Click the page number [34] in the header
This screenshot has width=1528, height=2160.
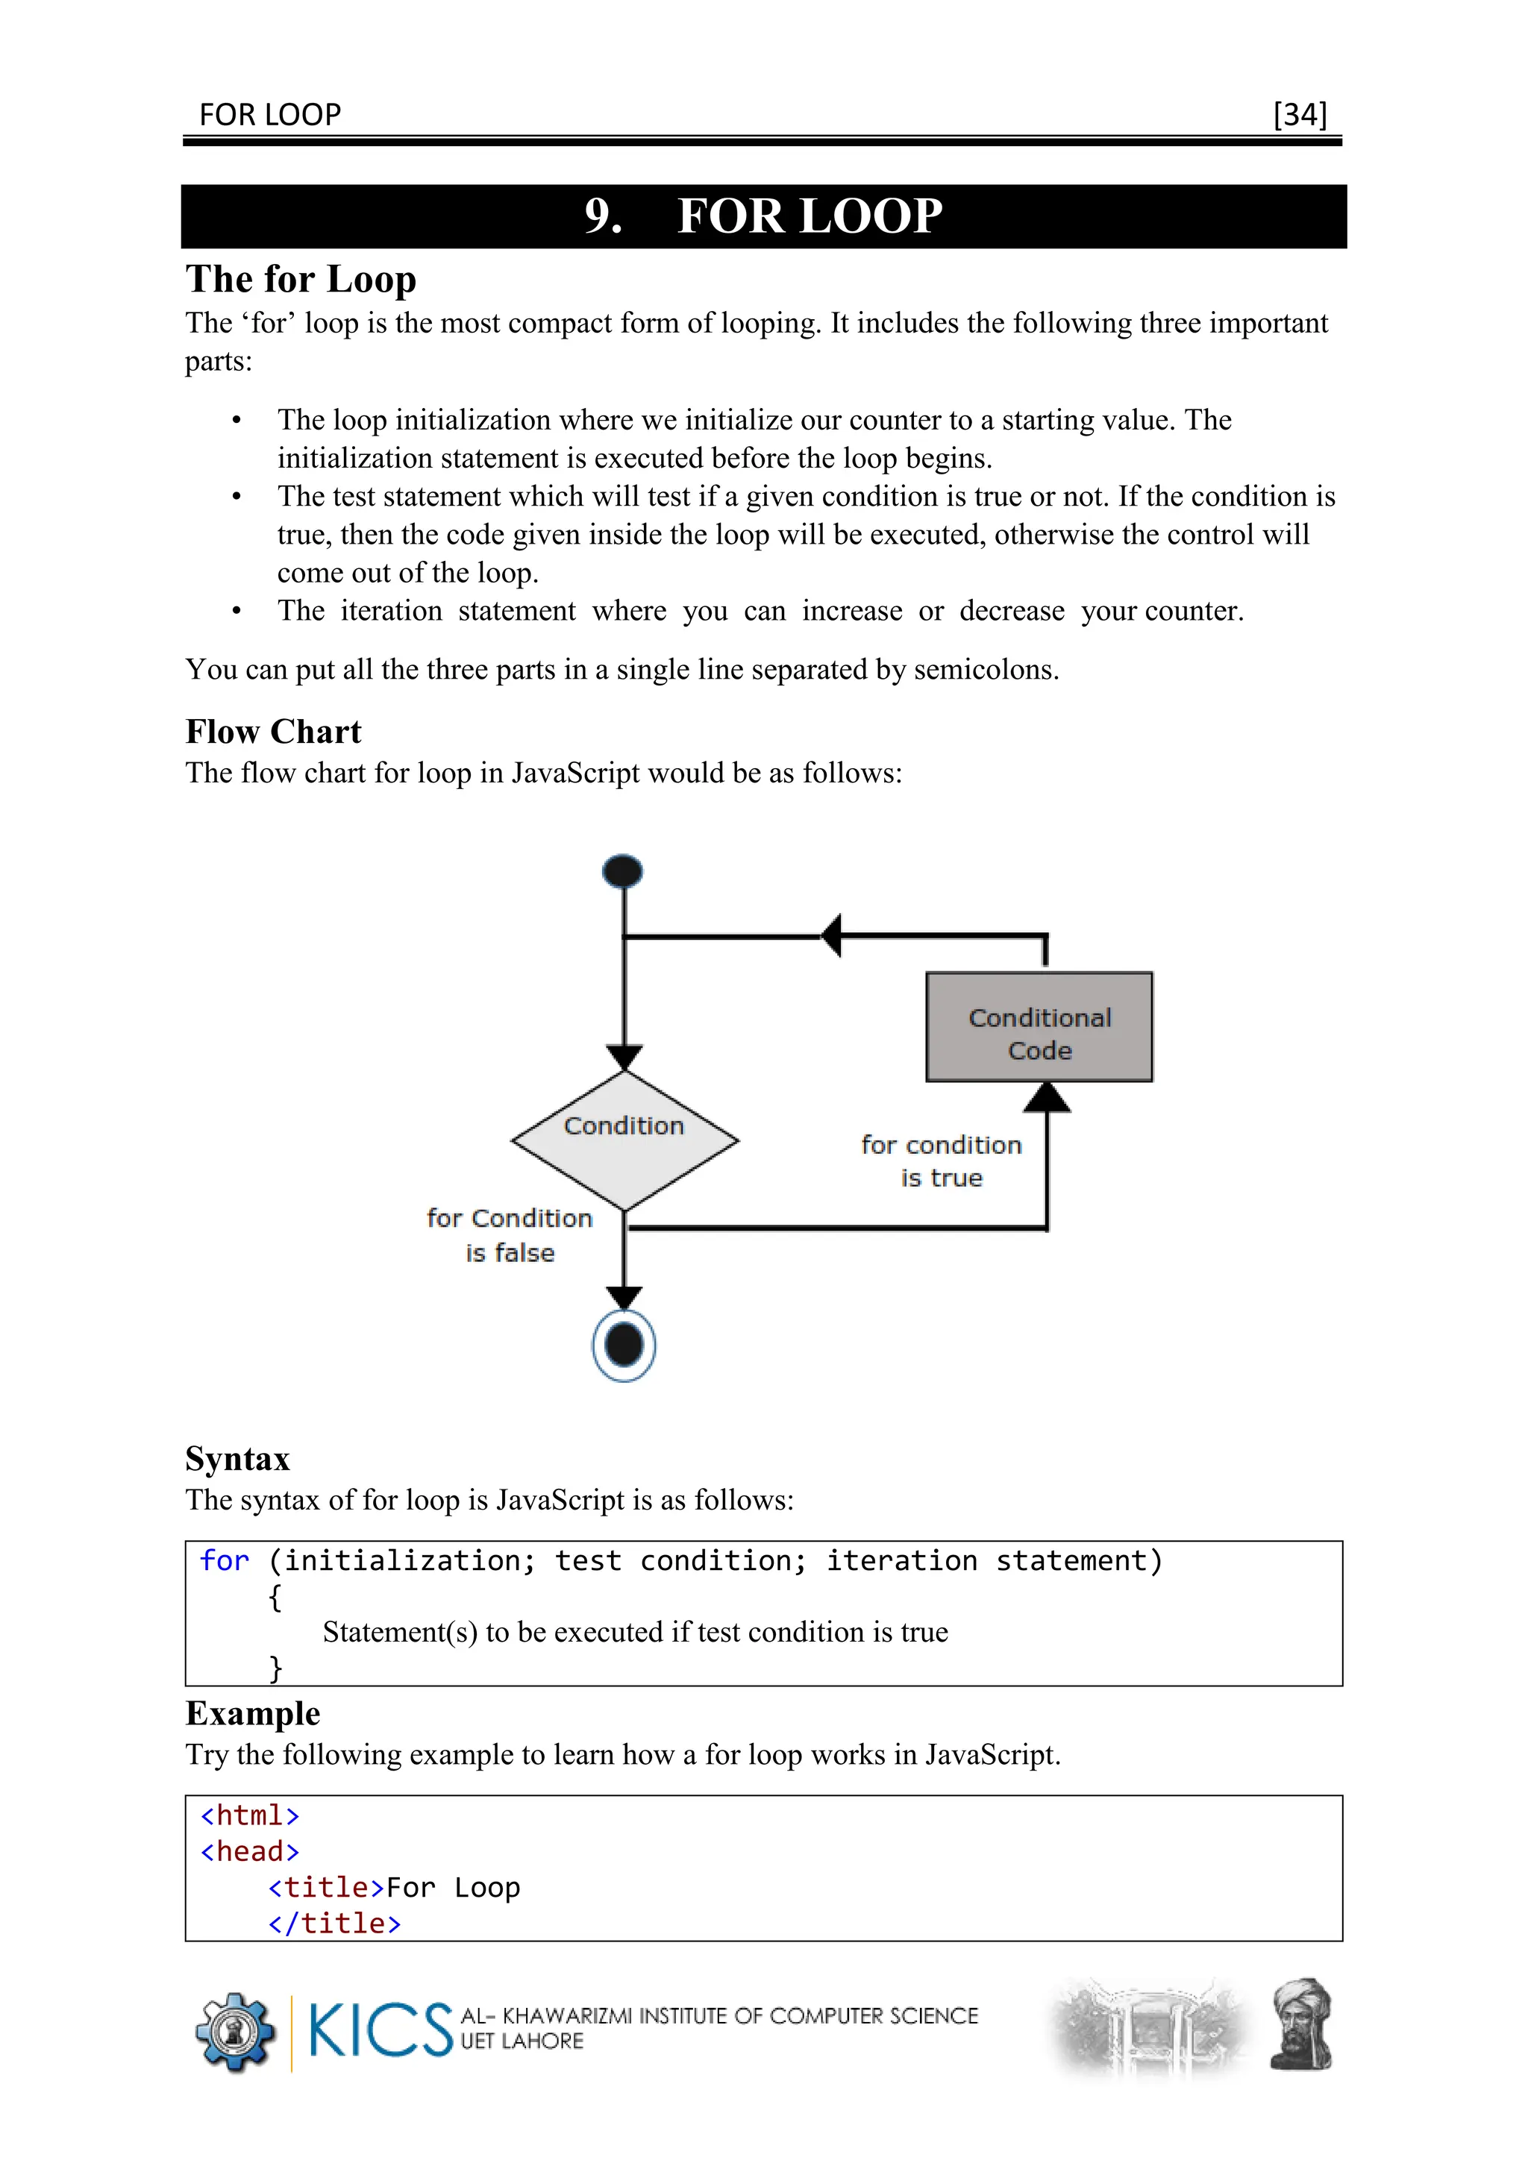click(x=1300, y=115)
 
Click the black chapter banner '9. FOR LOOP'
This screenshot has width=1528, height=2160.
click(x=763, y=216)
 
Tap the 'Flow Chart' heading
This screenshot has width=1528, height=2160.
click(x=273, y=731)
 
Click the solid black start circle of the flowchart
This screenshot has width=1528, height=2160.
click(x=623, y=871)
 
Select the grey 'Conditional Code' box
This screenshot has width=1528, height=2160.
click(x=1039, y=1027)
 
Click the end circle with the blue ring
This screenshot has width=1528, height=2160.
click(x=624, y=1346)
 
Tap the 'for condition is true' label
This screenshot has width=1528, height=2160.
click(x=941, y=1161)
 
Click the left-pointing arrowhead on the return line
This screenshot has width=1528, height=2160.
click(x=832, y=936)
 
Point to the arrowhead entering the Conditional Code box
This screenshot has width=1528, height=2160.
click(x=1046, y=1098)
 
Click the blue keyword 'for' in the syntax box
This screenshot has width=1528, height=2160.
click(x=224, y=1561)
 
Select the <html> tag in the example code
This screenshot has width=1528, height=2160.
click(x=249, y=1815)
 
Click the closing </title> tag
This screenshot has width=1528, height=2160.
click(x=334, y=1923)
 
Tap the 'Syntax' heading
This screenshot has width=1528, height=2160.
click(x=237, y=1458)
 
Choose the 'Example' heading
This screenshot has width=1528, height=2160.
click(x=252, y=1713)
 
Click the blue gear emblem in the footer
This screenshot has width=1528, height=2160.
click(x=234, y=2032)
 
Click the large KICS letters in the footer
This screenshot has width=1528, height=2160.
click(x=379, y=2030)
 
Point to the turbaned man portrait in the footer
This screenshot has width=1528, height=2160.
click(x=1301, y=2026)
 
